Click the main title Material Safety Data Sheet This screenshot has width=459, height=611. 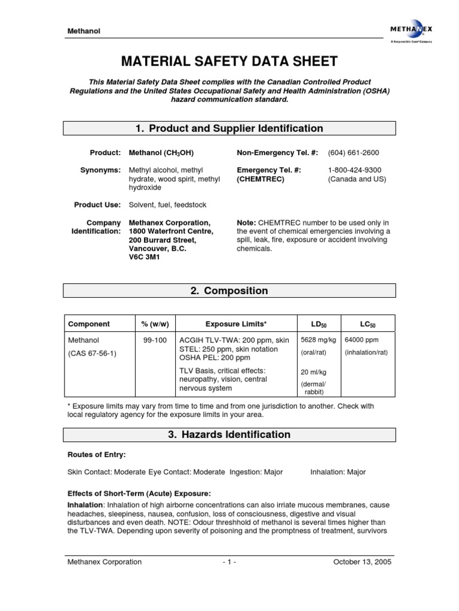click(x=229, y=61)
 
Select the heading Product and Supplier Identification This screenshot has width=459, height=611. click(x=229, y=128)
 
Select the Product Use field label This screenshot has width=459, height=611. click(x=97, y=205)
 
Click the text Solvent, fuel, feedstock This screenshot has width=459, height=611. click(x=167, y=205)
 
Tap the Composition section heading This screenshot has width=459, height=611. click(x=229, y=291)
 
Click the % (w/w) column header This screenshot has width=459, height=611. click(x=155, y=324)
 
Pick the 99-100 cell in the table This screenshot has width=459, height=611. click(x=155, y=340)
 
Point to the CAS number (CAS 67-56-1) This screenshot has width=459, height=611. click(x=93, y=353)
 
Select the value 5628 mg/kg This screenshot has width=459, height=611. click(x=319, y=340)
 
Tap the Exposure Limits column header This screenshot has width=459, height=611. click(x=236, y=324)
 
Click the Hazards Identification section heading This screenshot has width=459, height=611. click(x=229, y=434)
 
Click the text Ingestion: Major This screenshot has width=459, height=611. click(x=256, y=472)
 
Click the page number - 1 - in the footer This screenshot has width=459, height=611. click(x=229, y=561)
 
